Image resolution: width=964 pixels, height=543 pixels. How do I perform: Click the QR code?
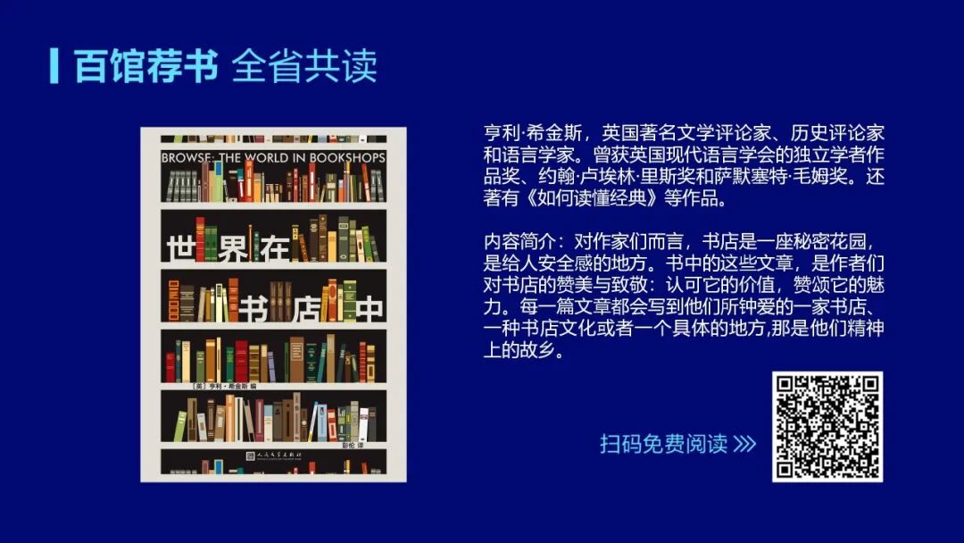[827, 427]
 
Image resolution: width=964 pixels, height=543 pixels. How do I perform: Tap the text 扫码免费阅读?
[663, 444]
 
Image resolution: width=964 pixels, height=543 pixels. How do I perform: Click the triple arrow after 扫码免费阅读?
[744, 444]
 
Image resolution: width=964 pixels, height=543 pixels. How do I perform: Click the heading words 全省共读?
[304, 66]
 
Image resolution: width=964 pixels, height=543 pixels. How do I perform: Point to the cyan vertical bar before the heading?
[54, 65]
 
